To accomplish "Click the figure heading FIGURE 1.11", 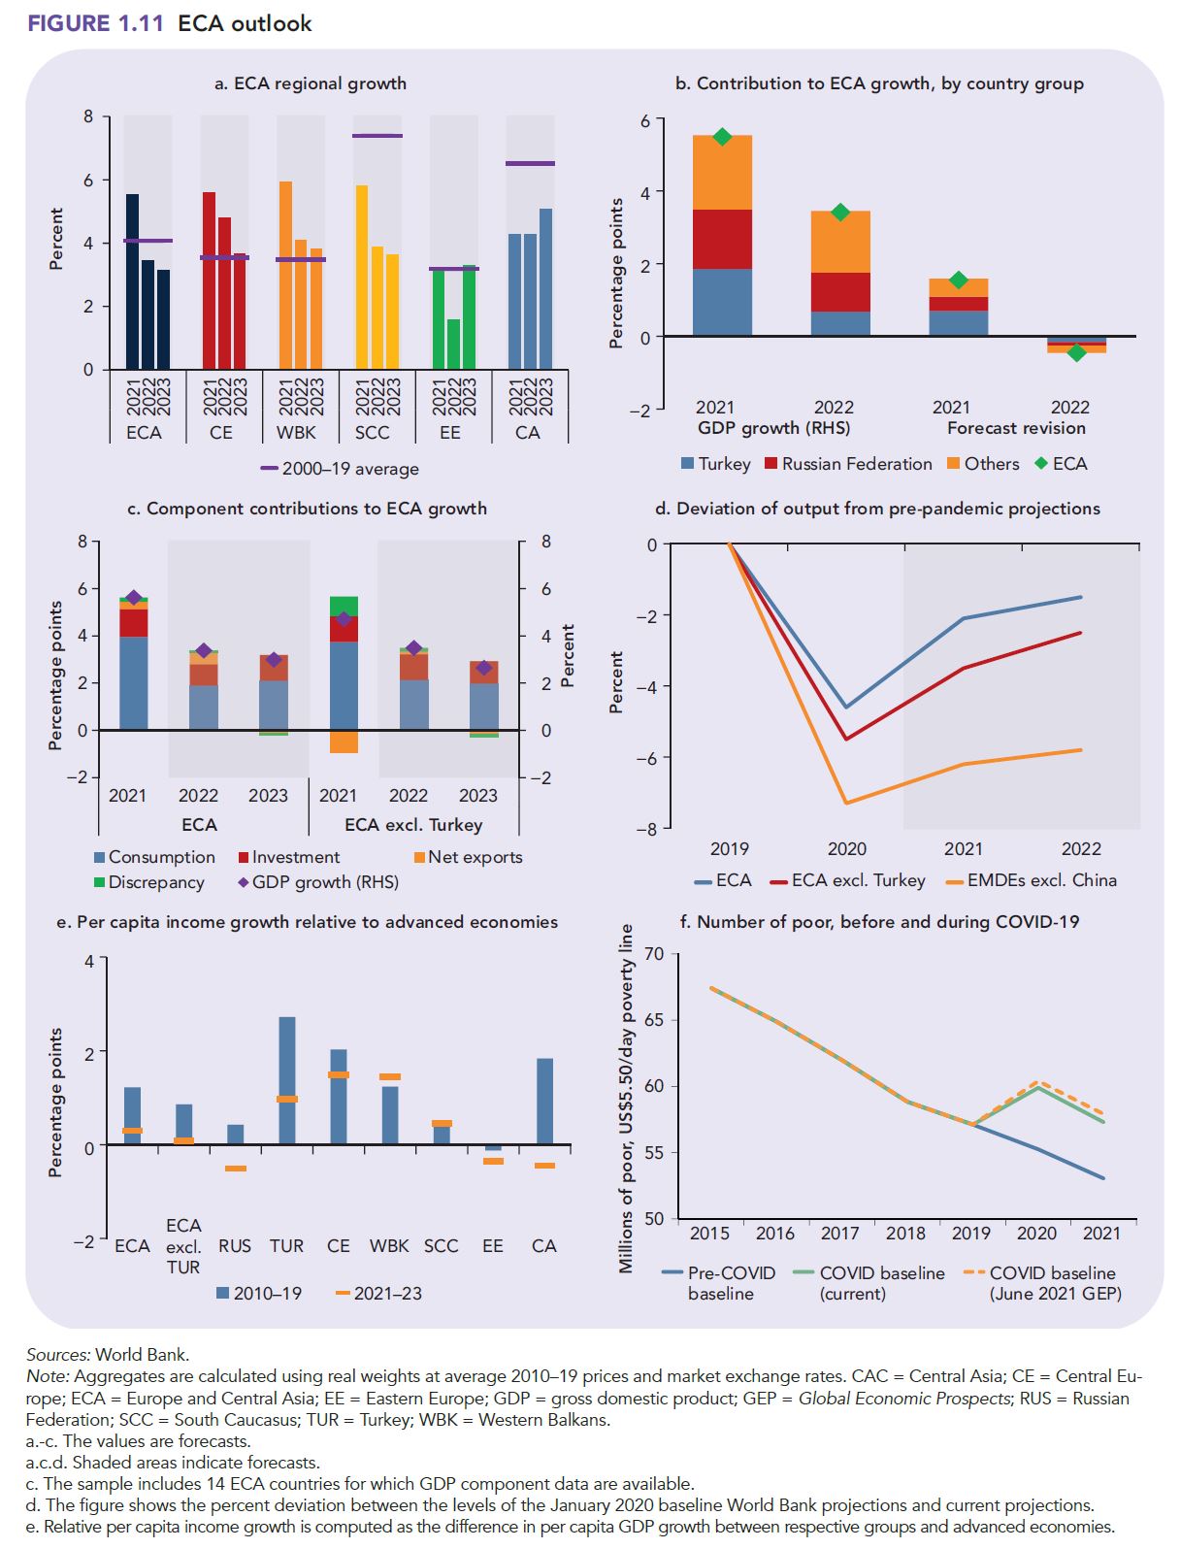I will point(96,23).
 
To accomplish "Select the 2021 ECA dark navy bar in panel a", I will point(132,281).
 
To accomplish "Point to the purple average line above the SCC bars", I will point(377,136).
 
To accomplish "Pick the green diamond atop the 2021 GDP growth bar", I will point(722,137).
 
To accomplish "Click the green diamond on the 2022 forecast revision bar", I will point(1076,353).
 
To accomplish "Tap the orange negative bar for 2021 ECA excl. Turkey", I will point(344,742).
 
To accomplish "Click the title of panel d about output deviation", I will point(877,509).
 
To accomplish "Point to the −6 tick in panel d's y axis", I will point(647,758).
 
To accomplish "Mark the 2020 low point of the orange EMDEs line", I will point(846,803).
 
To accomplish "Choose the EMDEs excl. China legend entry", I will point(1041,880).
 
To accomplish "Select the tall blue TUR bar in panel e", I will point(287,1080).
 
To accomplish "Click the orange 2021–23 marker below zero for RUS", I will point(236,1169).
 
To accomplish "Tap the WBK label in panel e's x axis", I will point(389,1245).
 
